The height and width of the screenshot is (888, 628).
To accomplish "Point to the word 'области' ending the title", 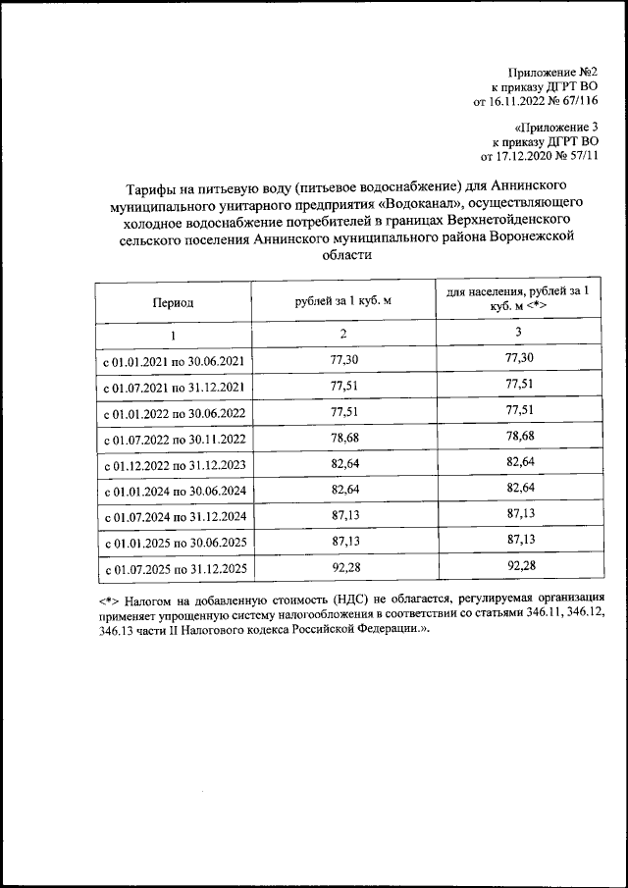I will click(x=347, y=254).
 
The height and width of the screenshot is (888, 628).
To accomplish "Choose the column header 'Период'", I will click(x=173, y=302).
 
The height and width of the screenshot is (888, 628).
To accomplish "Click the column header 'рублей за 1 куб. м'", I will click(x=343, y=301).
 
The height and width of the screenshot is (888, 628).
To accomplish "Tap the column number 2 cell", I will click(x=343, y=335).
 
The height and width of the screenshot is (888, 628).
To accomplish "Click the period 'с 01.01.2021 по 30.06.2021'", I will click(x=174, y=361).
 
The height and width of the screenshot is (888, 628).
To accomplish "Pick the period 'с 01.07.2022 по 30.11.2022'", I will click(x=174, y=439).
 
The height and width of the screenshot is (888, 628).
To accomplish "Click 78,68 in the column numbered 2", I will click(x=343, y=437).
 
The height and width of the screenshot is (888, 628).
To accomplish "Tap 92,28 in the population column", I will click(x=517, y=565).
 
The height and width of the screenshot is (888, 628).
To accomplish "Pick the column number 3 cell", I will click(x=517, y=333).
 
